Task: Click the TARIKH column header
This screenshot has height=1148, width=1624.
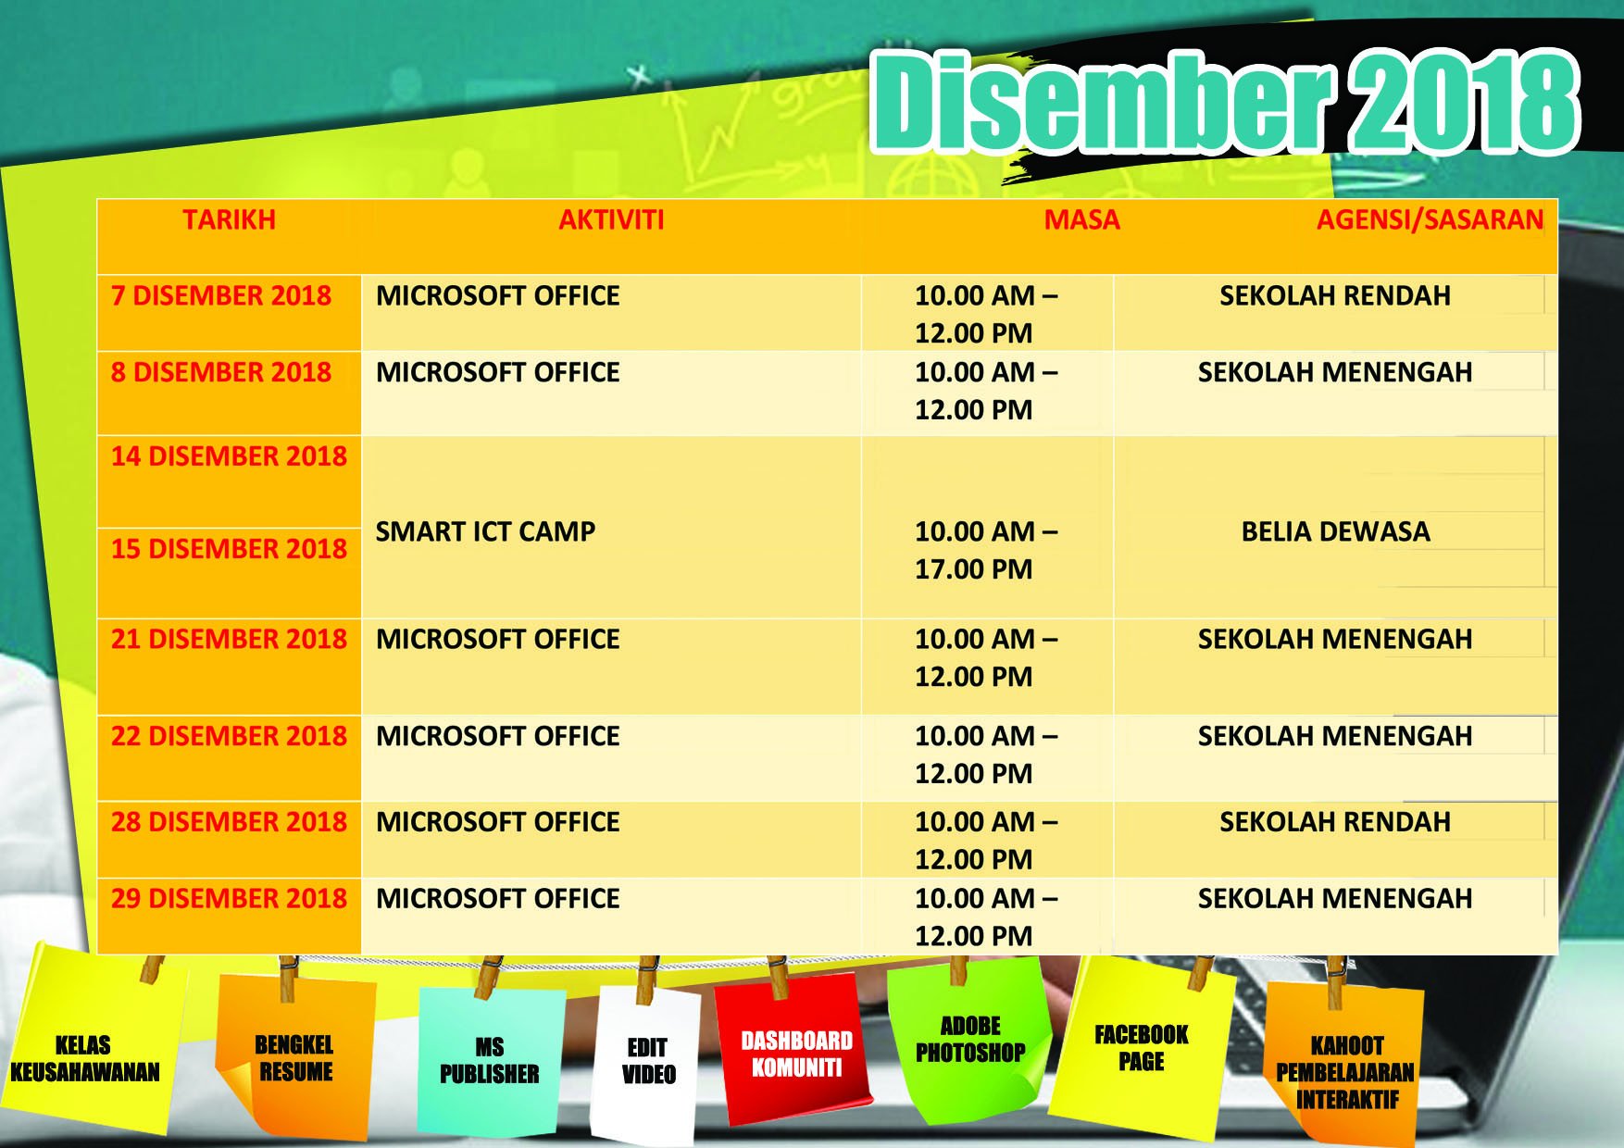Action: coord(229,219)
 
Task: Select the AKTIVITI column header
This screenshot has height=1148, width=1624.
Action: coord(611,219)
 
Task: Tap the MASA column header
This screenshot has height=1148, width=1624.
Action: coord(1081,219)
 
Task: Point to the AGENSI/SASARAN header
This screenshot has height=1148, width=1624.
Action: coord(1430,220)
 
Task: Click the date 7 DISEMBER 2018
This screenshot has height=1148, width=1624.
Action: coord(221,295)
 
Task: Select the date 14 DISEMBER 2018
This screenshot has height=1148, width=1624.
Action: coord(229,456)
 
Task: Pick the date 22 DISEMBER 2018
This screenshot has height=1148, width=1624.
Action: coord(229,736)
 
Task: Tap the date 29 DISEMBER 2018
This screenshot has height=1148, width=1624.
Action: coord(229,898)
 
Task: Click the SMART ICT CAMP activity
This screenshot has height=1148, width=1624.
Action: coord(485,531)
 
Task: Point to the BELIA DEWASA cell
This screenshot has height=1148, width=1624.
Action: coord(1335,531)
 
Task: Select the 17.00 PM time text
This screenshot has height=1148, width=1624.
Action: coord(973,569)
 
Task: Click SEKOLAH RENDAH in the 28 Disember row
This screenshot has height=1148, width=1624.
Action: coord(1335,822)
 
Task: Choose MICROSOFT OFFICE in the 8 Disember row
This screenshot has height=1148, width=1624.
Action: coord(498,372)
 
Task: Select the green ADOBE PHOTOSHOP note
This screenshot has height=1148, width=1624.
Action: coord(969,1039)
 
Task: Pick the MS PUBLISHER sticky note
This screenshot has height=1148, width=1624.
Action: coord(490,1061)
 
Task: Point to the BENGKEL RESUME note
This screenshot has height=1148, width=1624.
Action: coord(295,1057)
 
